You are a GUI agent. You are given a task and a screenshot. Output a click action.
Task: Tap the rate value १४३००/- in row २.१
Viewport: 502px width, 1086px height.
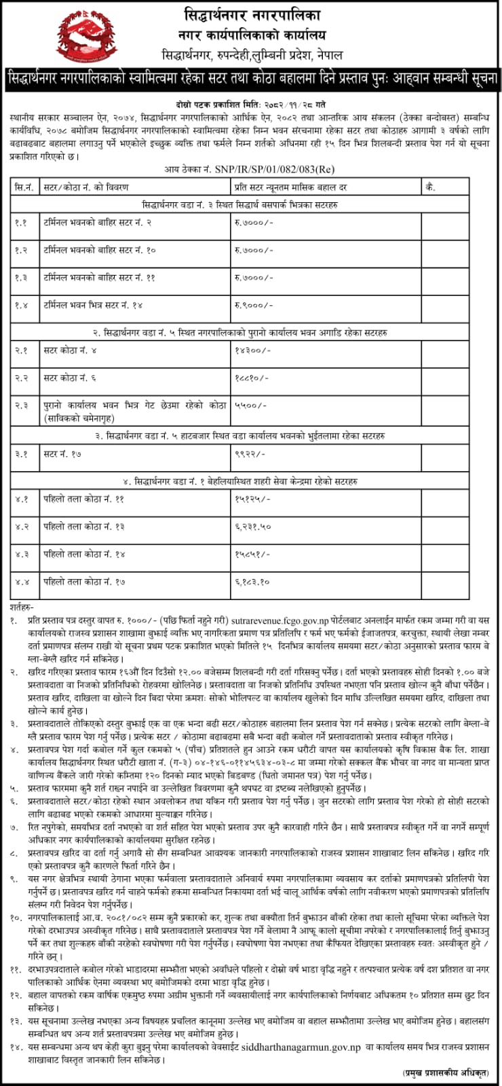(x=252, y=350)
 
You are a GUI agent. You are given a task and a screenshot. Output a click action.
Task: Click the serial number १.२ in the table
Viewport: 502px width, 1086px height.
(x=22, y=250)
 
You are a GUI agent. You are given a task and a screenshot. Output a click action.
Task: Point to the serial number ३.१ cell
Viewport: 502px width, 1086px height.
(x=22, y=453)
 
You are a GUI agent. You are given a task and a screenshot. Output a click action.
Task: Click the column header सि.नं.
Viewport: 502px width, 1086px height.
(x=24, y=187)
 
